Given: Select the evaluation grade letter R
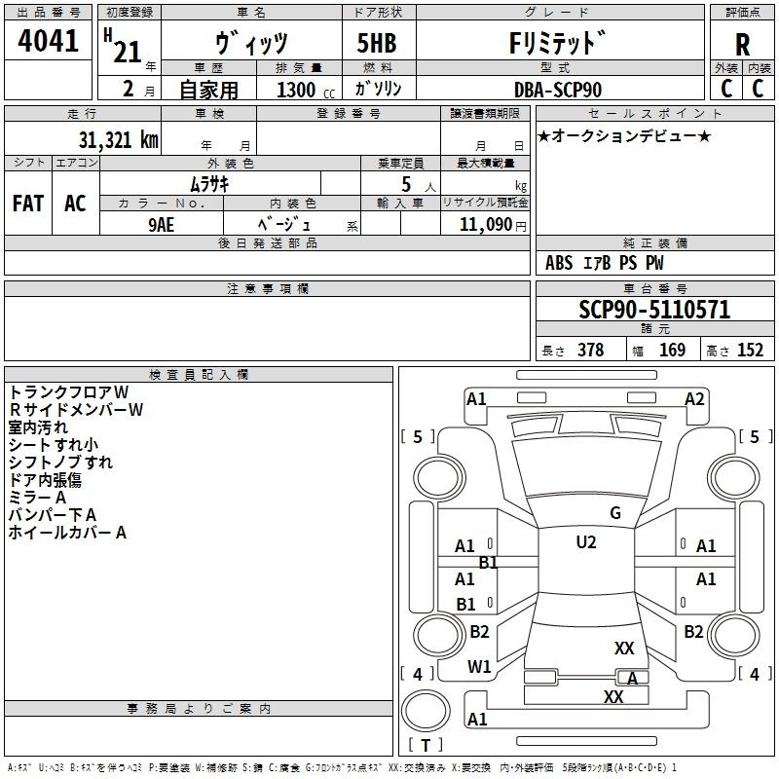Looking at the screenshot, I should click(x=742, y=44).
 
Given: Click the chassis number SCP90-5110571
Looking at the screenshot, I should click(x=654, y=310).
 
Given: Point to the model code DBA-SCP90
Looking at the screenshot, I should click(x=558, y=89).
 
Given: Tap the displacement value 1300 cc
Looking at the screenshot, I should click(x=297, y=90).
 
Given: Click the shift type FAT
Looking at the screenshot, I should click(x=27, y=204).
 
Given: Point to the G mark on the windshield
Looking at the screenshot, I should click(x=614, y=513).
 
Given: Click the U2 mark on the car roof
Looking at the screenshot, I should click(x=585, y=542).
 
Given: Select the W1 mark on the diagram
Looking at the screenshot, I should click(x=478, y=667).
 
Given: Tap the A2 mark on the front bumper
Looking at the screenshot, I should click(x=694, y=398).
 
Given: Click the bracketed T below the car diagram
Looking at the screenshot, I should click(x=426, y=746).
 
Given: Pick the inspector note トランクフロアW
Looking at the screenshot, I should click(x=69, y=391).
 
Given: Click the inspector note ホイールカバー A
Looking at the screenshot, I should click(x=68, y=533).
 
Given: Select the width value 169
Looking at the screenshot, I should click(x=672, y=351).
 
